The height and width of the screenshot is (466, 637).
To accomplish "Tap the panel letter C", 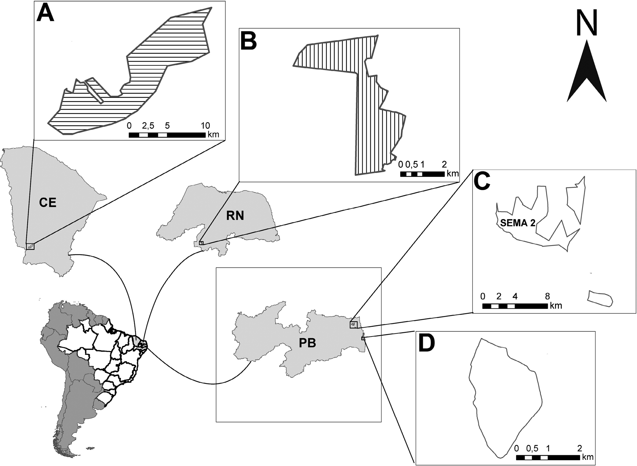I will [482, 182].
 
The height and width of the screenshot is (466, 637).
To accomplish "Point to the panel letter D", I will [427, 344].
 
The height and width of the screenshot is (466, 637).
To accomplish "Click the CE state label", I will [48, 203].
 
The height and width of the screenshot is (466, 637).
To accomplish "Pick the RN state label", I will [235, 216].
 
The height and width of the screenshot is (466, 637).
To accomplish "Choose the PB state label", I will [307, 343].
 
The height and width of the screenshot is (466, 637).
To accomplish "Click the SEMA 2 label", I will [518, 223].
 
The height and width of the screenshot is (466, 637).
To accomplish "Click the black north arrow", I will [587, 76].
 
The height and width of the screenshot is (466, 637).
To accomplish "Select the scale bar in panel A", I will [167, 135].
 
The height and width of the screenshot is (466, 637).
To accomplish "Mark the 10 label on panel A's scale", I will [205, 126].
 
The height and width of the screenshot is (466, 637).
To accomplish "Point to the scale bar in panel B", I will [422, 174].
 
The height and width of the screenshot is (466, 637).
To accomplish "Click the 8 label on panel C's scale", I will [547, 296].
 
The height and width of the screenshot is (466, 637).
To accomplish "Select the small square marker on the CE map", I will [30, 246].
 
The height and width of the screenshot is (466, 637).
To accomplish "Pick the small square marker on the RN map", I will [201, 243].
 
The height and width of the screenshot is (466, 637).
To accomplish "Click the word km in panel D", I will [588, 457].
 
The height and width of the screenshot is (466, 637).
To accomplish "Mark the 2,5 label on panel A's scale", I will [148, 126].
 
